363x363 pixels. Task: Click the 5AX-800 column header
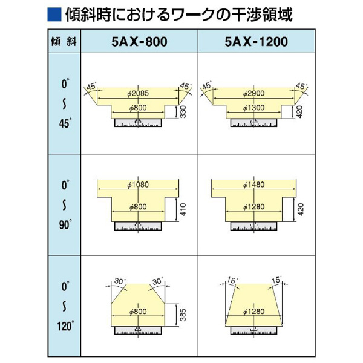pyautogui.click(x=139, y=43)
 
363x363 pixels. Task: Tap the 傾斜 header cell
pyautogui.click(x=64, y=43)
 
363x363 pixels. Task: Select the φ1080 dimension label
pyautogui.click(x=139, y=185)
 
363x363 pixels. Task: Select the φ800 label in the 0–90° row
pyautogui.click(x=139, y=207)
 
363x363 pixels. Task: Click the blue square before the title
pyautogui.click(x=53, y=14)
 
